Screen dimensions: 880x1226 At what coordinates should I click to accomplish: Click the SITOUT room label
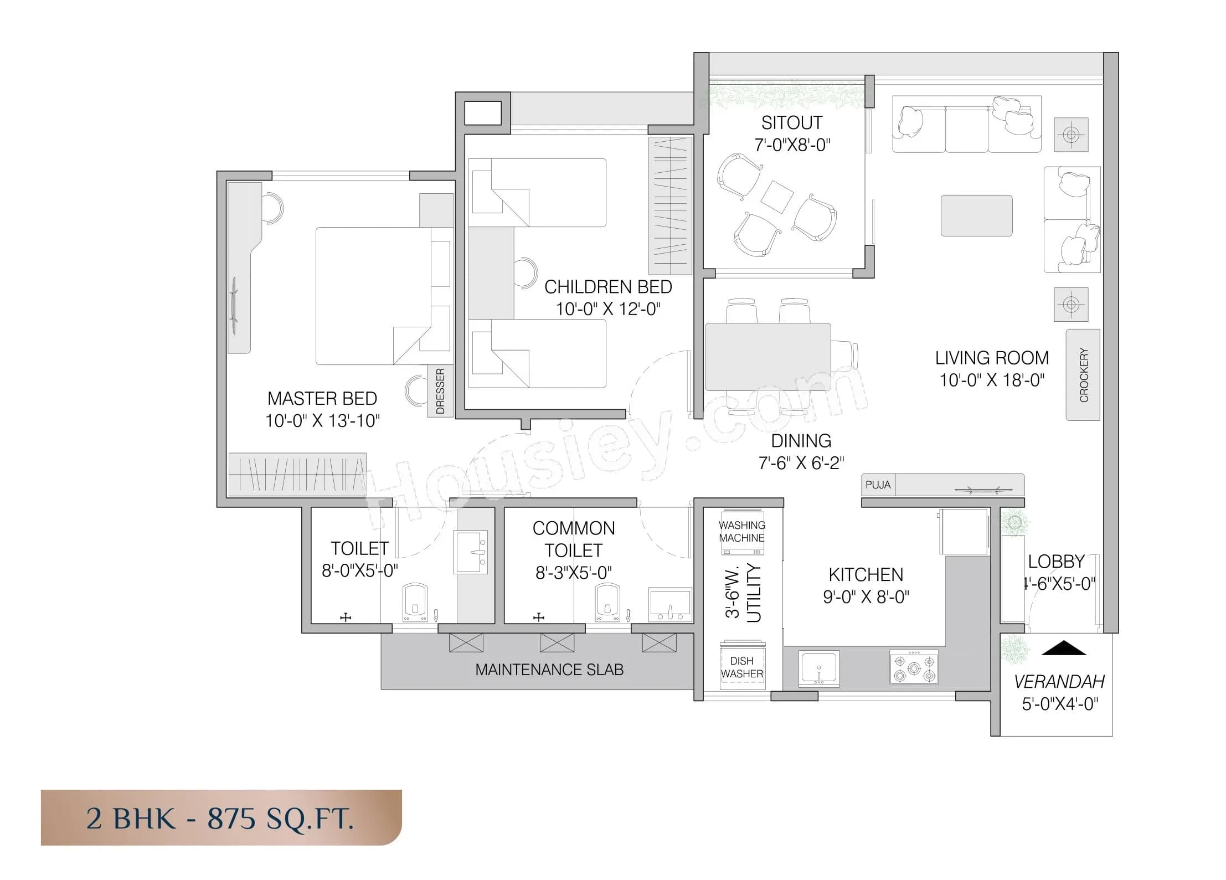coord(791,122)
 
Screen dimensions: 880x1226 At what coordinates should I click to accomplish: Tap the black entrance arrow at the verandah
coord(1063,648)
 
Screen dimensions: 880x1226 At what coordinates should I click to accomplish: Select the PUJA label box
coord(878,485)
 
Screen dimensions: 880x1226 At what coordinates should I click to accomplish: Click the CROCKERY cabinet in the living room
coord(1083,375)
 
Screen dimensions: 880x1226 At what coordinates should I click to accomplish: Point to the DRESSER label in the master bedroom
coord(440,391)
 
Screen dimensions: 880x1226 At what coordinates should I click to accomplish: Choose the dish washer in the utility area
coord(743,666)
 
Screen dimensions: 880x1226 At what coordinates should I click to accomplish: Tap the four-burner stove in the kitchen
coord(914,667)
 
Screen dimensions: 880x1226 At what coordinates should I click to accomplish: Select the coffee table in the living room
coord(976,215)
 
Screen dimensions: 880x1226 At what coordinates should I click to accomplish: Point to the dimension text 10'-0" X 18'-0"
coord(991,380)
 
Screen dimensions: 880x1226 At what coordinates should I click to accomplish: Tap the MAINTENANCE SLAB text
coord(549,670)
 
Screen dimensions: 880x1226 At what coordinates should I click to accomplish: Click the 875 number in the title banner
coord(231,818)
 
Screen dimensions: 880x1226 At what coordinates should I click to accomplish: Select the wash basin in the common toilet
coord(670,604)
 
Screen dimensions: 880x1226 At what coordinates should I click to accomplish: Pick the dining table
coord(767,357)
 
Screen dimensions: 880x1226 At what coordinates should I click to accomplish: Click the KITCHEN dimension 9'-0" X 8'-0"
coord(866,596)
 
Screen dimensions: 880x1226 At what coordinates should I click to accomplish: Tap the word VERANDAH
coord(1059,682)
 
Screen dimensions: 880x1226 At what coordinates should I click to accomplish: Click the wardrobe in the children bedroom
coord(670,205)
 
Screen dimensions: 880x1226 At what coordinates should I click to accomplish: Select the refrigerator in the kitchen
coord(964,531)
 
